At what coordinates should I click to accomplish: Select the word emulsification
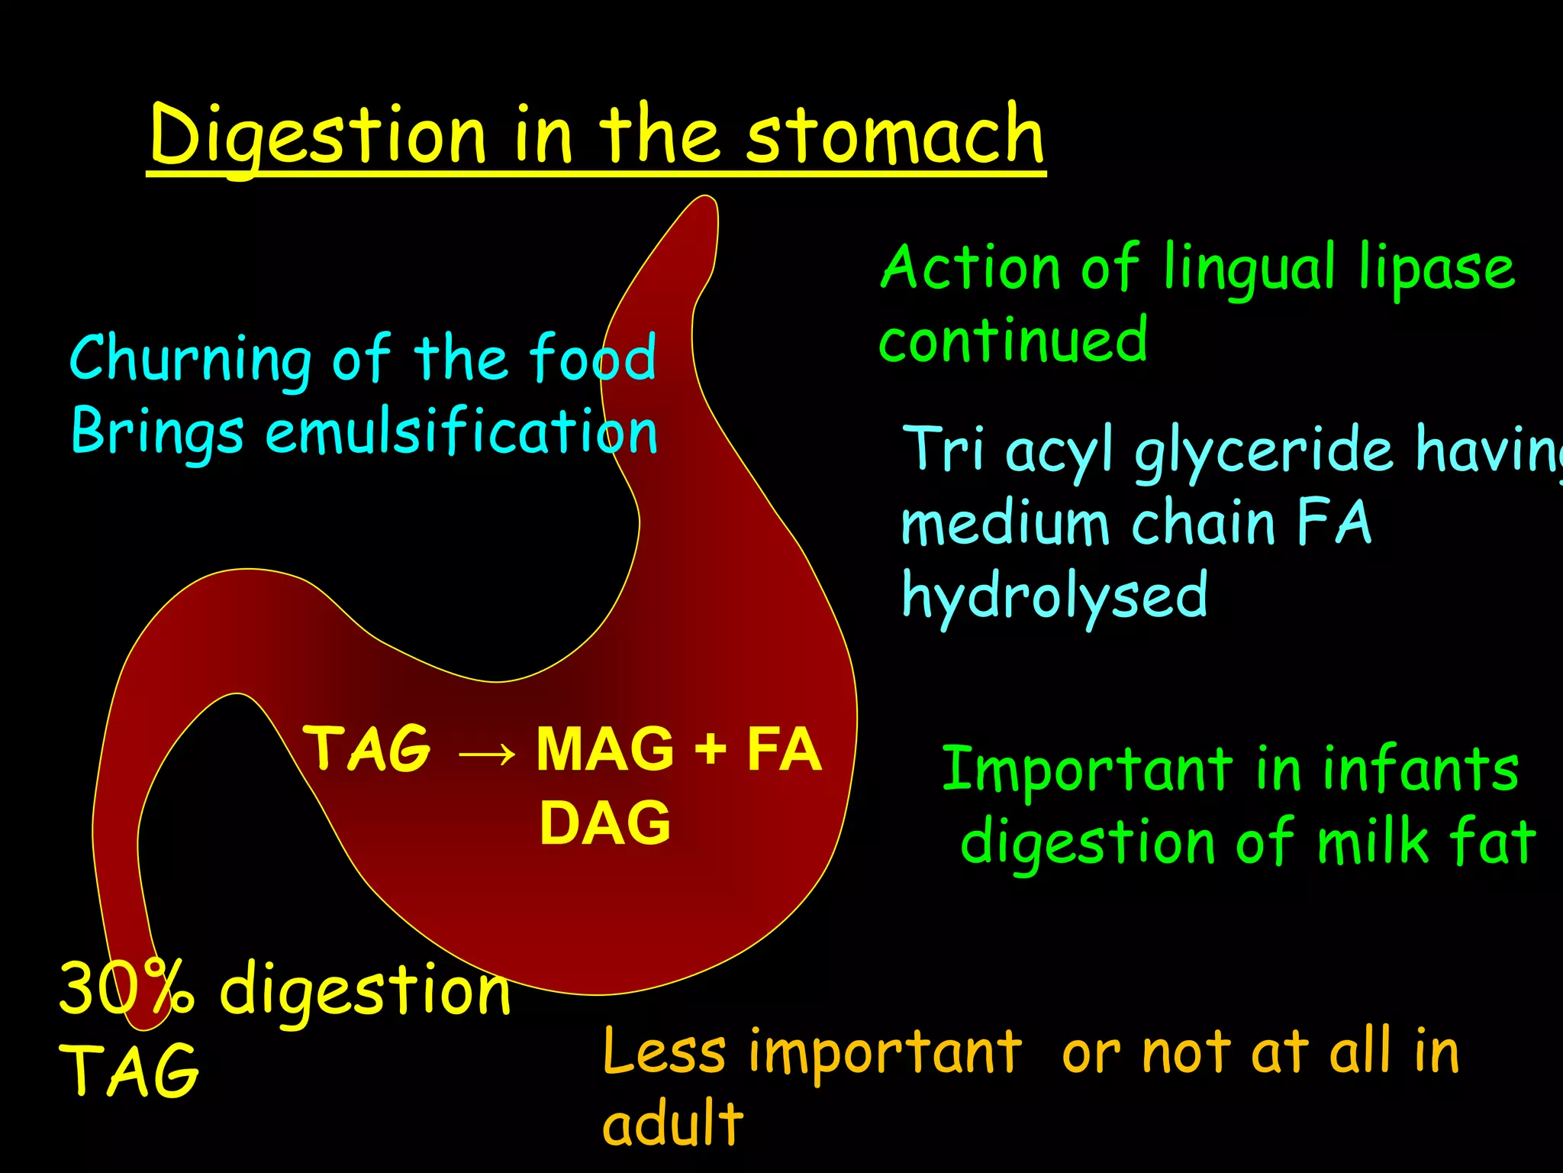pyautogui.click(x=461, y=431)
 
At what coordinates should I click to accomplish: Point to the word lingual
pyautogui.click(x=1250, y=270)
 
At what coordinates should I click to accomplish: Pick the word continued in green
pyautogui.click(x=1013, y=339)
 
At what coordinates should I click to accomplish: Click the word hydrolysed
pyautogui.click(x=1054, y=596)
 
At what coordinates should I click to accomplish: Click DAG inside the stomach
pyautogui.click(x=604, y=823)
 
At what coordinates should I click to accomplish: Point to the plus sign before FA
pyautogui.click(x=710, y=750)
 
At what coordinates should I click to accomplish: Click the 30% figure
pyautogui.click(x=126, y=989)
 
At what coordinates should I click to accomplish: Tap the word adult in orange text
pyautogui.click(x=672, y=1123)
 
